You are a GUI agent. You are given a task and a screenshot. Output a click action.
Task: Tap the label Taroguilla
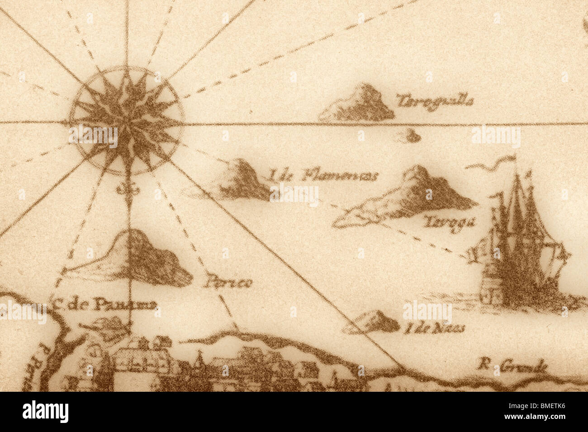435,101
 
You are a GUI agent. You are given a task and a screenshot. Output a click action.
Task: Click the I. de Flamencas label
323,176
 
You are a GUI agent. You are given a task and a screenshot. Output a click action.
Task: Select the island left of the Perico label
136,260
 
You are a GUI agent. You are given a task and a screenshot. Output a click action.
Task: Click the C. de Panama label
104,305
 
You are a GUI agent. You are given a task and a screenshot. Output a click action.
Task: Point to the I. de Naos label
434,329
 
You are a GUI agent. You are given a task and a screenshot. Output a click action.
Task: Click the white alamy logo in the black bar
45,412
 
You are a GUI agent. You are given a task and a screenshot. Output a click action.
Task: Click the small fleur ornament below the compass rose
127,190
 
